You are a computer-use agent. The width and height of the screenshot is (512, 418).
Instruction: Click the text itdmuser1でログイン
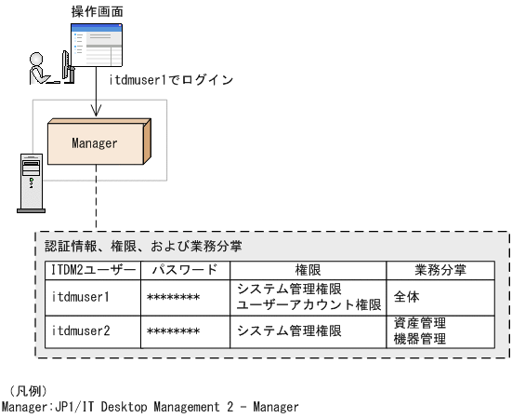click(171, 80)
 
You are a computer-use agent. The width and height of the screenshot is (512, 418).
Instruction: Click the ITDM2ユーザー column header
click(92, 270)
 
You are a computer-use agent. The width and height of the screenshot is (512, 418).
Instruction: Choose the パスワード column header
click(185, 270)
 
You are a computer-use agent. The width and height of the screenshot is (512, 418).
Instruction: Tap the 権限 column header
click(308, 270)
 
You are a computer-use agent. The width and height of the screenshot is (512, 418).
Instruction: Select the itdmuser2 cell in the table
click(83, 330)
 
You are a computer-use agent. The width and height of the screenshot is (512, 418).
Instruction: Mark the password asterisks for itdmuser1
click(173, 298)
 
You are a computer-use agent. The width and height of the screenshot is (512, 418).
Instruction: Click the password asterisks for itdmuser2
click(173, 331)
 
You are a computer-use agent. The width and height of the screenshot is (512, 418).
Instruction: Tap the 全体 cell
click(407, 297)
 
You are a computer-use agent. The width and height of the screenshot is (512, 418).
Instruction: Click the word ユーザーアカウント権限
click(309, 304)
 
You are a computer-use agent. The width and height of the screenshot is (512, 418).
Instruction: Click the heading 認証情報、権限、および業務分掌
click(143, 247)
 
